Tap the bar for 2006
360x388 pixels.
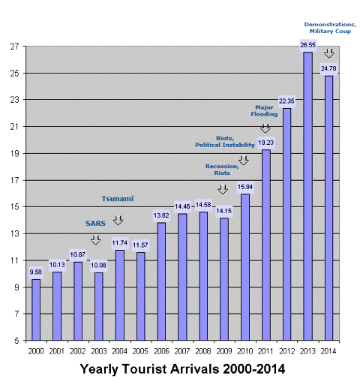(x=161, y=281)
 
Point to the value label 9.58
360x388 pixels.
(x=36, y=272)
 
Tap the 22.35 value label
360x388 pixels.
(x=286, y=101)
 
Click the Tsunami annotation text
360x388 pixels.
(x=118, y=199)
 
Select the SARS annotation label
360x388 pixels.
(x=95, y=224)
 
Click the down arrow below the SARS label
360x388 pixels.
(x=95, y=240)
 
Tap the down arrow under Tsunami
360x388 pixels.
(x=118, y=220)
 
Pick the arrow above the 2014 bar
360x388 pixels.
(x=328, y=53)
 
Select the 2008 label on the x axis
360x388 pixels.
(x=203, y=350)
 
